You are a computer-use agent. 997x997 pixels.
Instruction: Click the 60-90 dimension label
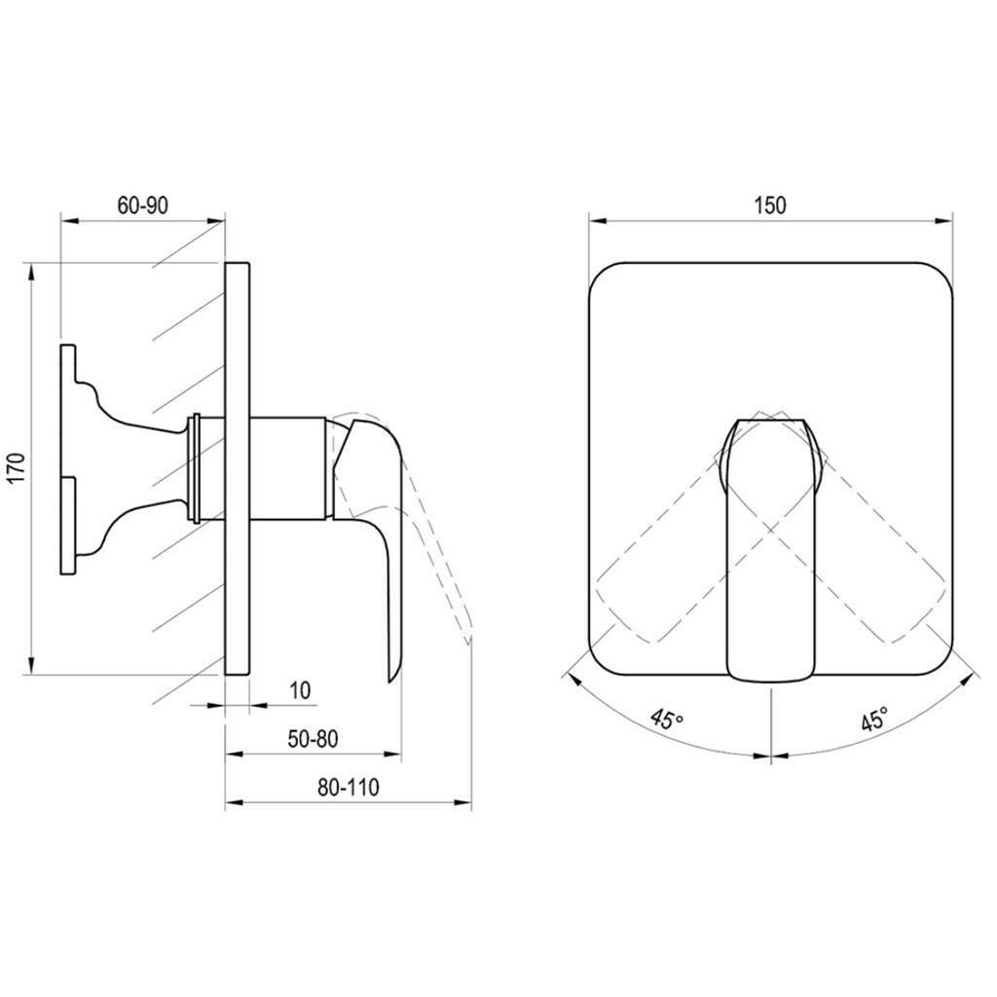tap(143, 205)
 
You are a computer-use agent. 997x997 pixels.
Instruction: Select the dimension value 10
tap(300, 690)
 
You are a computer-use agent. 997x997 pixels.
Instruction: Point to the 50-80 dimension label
tap(313, 739)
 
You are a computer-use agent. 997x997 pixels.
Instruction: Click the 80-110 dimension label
tap(348, 788)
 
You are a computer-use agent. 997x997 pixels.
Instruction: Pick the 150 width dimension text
tap(770, 205)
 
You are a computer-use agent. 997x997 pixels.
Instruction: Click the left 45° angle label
tap(667, 720)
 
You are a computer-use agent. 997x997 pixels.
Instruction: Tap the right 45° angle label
tap(874, 720)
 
